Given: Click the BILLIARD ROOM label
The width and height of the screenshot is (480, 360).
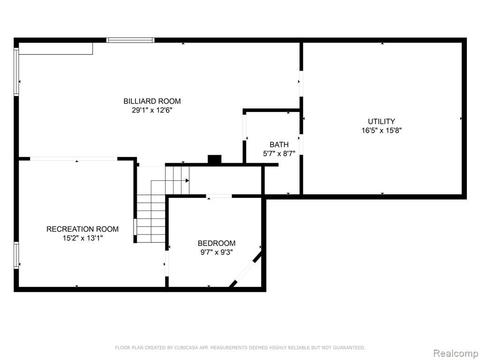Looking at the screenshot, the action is [x=152, y=101].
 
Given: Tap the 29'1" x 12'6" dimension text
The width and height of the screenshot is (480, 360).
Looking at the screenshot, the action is [x=152, y=110].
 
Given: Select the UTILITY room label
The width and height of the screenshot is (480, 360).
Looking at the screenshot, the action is [x=382, y=121].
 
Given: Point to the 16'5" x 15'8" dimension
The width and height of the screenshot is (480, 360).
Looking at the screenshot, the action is [x=382, y=130].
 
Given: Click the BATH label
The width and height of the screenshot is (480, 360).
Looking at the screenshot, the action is [x=279, y=144].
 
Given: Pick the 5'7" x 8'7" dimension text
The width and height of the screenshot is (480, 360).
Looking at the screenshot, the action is [x=279, y=154].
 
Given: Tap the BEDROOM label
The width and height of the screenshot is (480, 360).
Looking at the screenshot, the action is [x=217, y=243].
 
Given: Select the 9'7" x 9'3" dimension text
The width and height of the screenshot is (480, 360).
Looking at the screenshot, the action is [x=217, y=253].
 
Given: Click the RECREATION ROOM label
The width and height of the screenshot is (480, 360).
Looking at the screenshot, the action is [x=82, y=229].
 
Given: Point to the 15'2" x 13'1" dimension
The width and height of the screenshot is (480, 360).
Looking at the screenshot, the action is [x=82, y=238].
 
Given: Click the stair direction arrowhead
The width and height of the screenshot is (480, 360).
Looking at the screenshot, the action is [x=187, y=180].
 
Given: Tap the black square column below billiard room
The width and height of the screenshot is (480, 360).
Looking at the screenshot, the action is [x=214, y=159].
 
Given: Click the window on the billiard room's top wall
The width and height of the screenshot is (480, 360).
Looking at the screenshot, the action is [x=130, y=40].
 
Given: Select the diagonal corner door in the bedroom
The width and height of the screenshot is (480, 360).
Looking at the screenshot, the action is [x=246, y=269].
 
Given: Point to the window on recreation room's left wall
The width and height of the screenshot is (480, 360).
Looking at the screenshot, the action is [x=16, y=255].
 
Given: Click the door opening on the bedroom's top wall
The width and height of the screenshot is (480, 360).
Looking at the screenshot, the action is [x=219, y=196].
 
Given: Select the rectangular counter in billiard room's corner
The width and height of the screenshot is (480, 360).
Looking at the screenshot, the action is [x=56, y=49].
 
